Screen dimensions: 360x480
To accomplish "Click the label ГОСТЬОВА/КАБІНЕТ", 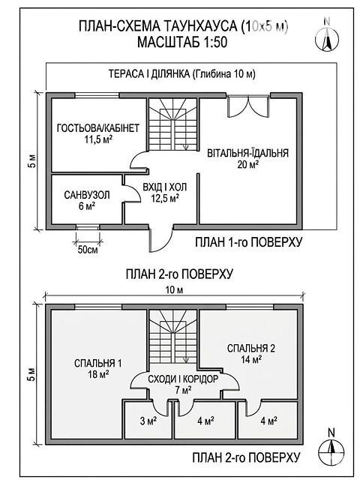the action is pos(98,128).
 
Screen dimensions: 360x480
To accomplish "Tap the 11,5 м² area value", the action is pos(98,139).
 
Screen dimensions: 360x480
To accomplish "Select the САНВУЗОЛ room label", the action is pos(87,195).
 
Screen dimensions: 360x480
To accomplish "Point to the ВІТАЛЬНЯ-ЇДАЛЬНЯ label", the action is pos(248,152).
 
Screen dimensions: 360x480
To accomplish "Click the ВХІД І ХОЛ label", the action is pos(165,187).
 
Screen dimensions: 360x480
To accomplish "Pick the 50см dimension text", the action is pos(88,250).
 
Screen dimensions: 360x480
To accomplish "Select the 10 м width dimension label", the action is pos(174,289).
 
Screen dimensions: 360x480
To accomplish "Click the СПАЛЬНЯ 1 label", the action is pos(98,363).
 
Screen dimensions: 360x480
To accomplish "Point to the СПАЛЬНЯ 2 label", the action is pos(251,348).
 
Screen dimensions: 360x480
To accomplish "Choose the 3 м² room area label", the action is pos(148,421).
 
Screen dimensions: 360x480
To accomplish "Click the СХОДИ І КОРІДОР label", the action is pos(183,379).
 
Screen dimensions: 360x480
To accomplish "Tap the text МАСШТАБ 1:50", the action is pos(182,42).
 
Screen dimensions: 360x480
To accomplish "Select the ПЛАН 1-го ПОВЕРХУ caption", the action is pos(249,242).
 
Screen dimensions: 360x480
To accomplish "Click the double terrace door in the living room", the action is pos(248,106).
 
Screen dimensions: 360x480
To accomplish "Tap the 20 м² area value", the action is pos(248,164).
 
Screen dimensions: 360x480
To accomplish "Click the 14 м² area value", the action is pos(251,359).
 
